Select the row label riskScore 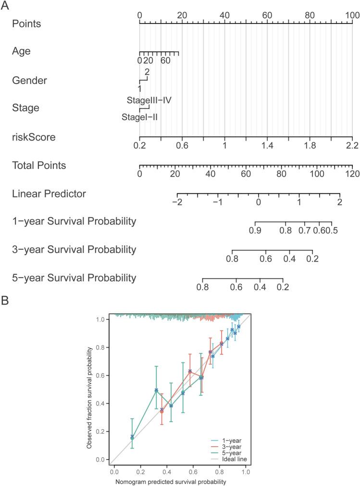34,137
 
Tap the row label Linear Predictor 49,194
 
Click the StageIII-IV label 149,100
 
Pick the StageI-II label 140,117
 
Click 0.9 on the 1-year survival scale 255,231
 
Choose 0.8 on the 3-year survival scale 232,258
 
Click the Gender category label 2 147,72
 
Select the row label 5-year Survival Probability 74,278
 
